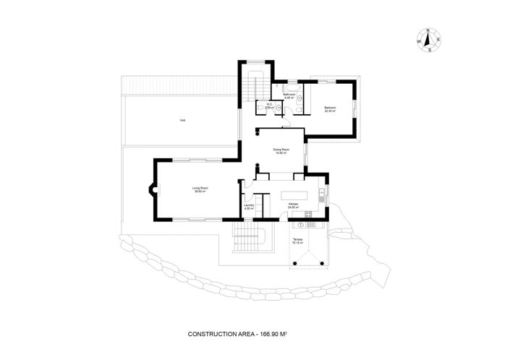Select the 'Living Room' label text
tap(200, 188)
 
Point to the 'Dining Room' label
tap(281, 150)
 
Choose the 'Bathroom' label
tap(289, 94)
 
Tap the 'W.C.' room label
tap(268, 103)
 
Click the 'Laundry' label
tap(249, 205)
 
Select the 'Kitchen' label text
tap(293, 205)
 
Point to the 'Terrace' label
tap(297, 239)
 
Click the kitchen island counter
tap(294, 195)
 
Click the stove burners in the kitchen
tap(307, 215)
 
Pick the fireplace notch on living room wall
tap(151, 192)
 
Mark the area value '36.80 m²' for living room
tap(200, 192)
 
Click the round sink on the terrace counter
tap(299, 225)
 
